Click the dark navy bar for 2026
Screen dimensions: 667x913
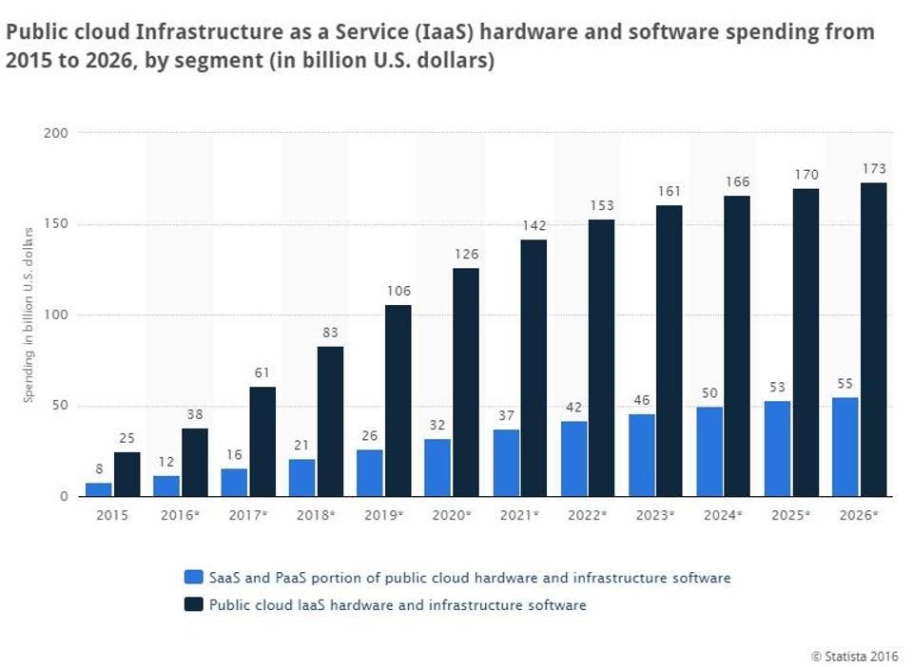tap(873, 339)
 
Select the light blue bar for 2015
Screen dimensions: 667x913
tap(98, 489)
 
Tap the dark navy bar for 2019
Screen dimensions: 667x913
tap(398, 400)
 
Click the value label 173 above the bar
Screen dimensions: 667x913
tap(873, 168)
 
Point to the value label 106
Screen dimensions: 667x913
tap(398, 291)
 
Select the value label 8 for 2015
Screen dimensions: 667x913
tap(98, 468)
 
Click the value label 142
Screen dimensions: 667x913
tap(534, 225)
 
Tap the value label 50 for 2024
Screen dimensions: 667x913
tap(709, 393)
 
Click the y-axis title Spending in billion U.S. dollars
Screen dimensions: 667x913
tap(29, 314)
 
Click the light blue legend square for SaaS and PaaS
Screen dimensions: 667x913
tap(193, 578)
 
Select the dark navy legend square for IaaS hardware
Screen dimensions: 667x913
tap(193, 604)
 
